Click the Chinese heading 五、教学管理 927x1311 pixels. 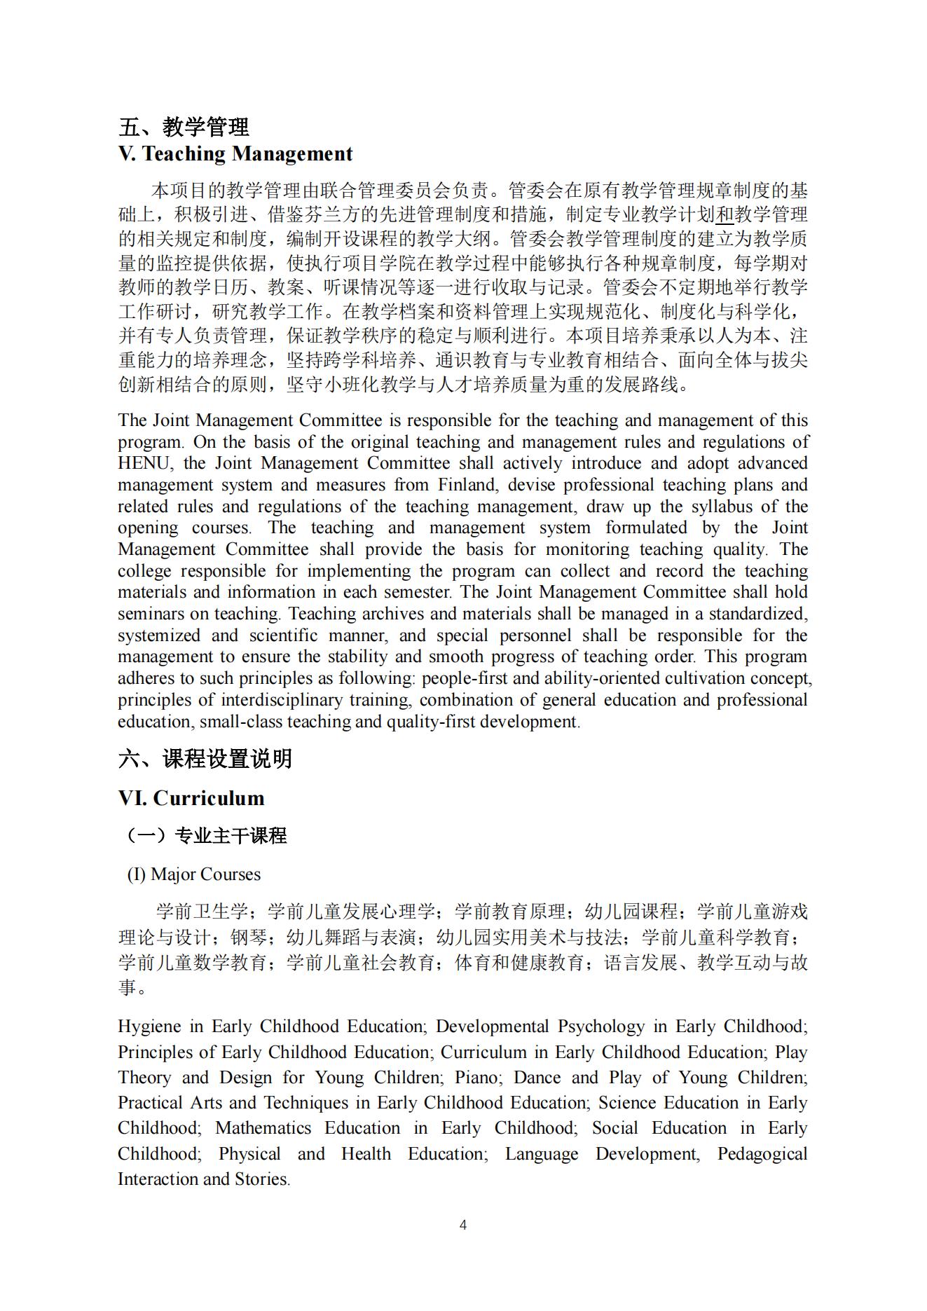coord(184,127)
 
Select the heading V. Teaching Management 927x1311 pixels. coord(235,153)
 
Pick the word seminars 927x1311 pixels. coord(149,614)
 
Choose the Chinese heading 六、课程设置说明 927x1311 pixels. coord(205,758)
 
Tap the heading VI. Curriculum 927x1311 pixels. coord(191,798)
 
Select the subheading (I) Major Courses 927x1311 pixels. coord(193,874)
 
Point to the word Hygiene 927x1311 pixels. coord(149,1027)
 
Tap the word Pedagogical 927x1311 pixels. coord(762,1154)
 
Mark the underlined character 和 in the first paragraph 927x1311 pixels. coord(725,214)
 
